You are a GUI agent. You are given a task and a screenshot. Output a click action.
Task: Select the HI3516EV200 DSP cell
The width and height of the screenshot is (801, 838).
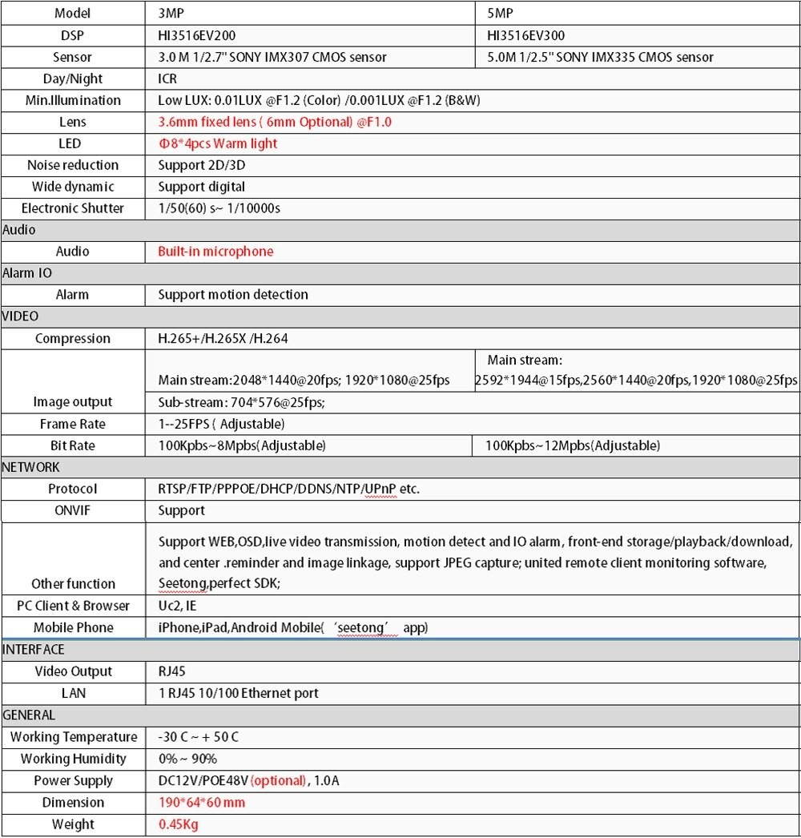[x=197, y=35]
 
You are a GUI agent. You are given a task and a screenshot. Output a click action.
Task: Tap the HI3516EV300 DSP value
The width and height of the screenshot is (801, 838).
[x=526, y=35]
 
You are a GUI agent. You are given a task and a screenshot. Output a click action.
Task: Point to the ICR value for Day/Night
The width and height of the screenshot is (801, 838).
[x=167, y=79]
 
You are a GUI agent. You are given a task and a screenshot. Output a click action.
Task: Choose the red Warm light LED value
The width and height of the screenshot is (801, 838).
[x=218, y=143]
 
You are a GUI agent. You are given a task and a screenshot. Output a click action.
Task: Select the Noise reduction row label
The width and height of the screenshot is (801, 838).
[x=73, y=165]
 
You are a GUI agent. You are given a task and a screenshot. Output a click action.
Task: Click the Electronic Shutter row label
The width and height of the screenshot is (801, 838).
[x=73, y=208]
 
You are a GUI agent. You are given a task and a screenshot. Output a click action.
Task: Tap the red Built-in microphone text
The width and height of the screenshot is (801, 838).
[x=215, y=252]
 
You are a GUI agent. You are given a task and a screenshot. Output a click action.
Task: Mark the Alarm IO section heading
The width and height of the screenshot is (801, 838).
[x=27, y=273]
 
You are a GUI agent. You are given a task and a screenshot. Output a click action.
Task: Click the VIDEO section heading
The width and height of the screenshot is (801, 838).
[x=21, y=316]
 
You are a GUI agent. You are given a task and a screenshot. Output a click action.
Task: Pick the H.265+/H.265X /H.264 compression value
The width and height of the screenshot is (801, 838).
[x=223, y=338]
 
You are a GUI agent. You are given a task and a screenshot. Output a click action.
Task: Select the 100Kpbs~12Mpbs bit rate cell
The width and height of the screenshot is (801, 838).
[x=573, y=445]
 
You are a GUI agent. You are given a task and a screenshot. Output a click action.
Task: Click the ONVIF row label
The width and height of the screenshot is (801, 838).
[x=73, y=510]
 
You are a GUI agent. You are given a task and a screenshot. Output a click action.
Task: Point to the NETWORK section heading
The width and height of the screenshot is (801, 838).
[x=31, y=467]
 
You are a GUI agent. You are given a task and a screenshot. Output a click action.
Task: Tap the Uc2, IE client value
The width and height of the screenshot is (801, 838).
[x=177, y=606]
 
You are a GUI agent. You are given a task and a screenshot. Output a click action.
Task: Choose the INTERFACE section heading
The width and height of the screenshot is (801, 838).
[x=34, y=649]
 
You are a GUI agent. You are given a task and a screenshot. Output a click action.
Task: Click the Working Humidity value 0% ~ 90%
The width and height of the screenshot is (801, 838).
[x=187, y=759]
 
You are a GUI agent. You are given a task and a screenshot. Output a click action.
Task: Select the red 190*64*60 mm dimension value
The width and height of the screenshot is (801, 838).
[x=202, y=802]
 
